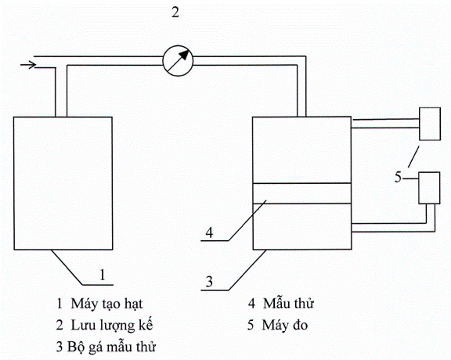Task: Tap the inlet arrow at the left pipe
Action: coord(28,65)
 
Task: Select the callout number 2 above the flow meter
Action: coord(175,13)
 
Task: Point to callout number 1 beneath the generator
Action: coord(103,275)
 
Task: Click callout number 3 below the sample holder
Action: coord(209,282)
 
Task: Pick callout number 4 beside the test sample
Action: coord(209,232)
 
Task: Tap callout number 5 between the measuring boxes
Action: coord(398,177)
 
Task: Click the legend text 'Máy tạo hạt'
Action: coord(106,304)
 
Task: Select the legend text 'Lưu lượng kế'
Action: coord(112,326)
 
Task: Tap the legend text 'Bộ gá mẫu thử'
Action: coord(111,347)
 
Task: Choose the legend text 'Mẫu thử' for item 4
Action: coord(288,304)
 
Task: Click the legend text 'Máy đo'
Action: coord(285,326)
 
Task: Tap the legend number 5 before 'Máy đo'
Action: coord(251,326)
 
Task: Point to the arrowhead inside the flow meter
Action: coord(186,54)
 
